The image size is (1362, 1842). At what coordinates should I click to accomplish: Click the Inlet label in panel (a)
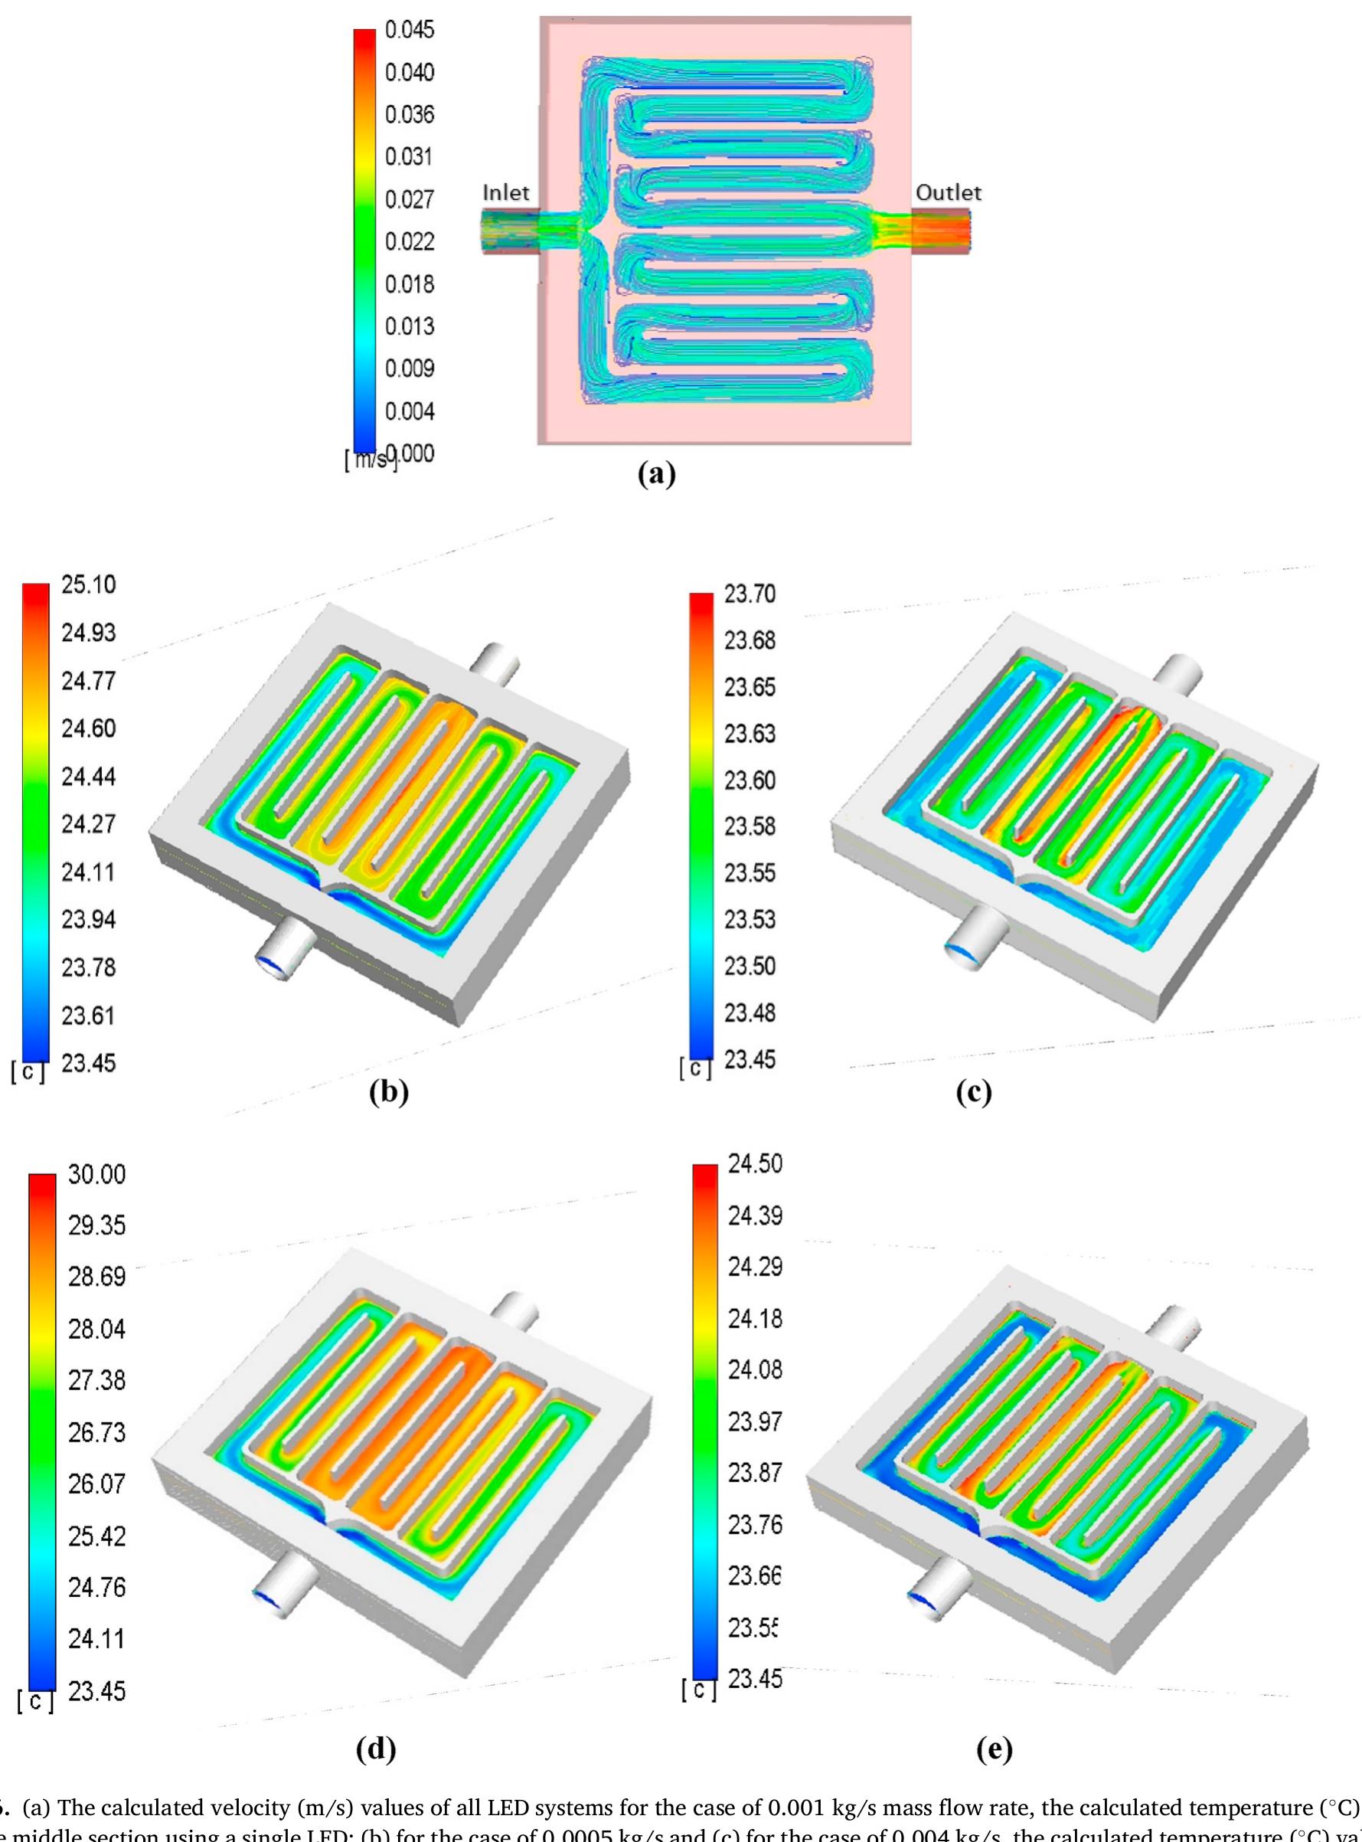point(505,192)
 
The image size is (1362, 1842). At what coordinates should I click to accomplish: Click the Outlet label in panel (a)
point(948,192)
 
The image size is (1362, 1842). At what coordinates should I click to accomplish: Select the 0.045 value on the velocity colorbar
point(409,30)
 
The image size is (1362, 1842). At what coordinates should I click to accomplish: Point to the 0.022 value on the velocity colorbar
point(409,242)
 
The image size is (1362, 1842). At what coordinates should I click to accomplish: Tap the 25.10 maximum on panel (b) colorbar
point(88,585)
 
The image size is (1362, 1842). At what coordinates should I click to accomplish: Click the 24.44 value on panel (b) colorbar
point(88,776)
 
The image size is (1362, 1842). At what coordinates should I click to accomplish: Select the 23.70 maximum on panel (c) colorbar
point(750,594)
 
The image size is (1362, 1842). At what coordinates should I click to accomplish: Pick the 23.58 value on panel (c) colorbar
point(750,826)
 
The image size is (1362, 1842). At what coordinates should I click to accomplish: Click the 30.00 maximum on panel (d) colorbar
point(96,1174)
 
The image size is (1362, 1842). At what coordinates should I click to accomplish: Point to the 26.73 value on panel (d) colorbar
point(96,1432)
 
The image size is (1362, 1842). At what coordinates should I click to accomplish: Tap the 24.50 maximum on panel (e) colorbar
point(754,1164)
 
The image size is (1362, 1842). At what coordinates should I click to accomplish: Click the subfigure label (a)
point(657,473)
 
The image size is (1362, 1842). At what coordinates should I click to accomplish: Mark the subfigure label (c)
point(974,1092)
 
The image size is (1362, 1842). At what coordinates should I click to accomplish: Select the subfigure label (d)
point(376,1749)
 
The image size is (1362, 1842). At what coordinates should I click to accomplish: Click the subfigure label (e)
point(994,1749)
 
